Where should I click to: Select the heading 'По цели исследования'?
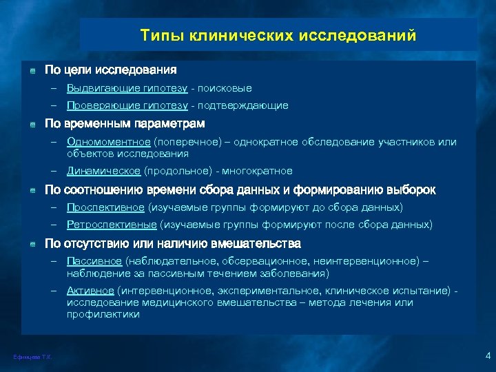click(110, 70)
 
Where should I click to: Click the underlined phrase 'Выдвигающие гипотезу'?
click(127, 88)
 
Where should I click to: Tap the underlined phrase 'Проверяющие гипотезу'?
click(127, 105)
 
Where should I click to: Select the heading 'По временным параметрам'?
click(125, 123)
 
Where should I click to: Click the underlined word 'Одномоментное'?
click(109, 142)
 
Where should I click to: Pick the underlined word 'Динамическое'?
click(104, 171)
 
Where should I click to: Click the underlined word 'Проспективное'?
click(106, 207)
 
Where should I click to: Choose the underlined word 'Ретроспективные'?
click(112, 225)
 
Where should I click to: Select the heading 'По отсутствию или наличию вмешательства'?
click(172, 243)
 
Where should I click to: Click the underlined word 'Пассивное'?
click(94, 261)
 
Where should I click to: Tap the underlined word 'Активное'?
click(90, 291)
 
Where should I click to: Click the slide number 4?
click(487, 355)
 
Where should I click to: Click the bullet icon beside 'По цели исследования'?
click(32, 70)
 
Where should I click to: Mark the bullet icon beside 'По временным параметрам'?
click(32, 124)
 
